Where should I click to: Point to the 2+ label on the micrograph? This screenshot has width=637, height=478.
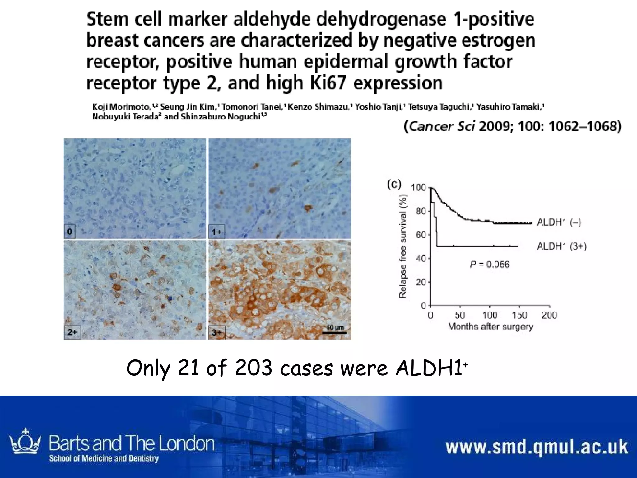(72, 332)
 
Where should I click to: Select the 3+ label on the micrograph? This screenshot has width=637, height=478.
(216, 333)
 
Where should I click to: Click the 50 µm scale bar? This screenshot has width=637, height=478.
(335, 330)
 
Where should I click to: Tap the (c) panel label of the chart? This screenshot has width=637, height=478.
(394, 184)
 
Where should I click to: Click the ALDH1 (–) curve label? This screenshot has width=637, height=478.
(559, 223)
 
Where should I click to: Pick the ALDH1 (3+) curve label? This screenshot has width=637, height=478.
(561, 246)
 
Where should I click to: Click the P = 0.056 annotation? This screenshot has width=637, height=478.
(489, 265)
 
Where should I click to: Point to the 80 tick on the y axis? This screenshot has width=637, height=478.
(420, 211)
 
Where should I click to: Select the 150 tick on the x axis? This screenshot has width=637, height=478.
(519, 315)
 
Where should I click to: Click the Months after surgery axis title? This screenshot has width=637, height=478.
(490, 327)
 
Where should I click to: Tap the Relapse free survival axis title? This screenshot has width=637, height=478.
(402, 246)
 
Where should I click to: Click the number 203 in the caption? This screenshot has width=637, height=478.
(253, 368)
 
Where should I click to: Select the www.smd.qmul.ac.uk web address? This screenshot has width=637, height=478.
(537, 447)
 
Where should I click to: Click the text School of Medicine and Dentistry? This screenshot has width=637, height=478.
(104, 458)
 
